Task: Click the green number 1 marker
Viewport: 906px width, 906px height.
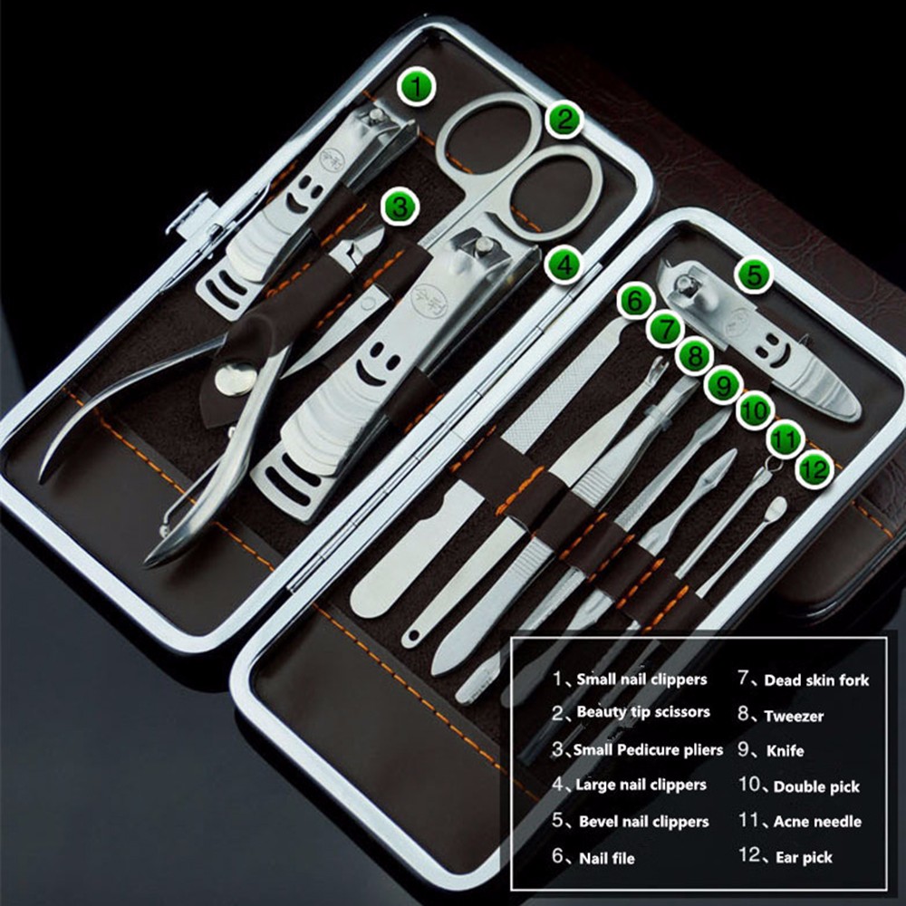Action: pos(416,87)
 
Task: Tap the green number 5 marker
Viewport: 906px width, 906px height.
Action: pos(754,275)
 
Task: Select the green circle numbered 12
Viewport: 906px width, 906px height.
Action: pos(814,469)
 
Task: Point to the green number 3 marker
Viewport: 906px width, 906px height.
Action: pos(400,207)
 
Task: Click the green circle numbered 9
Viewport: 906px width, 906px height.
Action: pos(723,385)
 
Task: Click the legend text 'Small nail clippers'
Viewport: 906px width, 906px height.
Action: pos(641,679)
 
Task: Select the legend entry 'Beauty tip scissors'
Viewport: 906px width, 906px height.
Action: pos(643,712)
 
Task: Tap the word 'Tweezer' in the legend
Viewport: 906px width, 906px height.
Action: pos(794,717)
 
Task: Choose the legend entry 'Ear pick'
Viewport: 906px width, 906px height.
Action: pos(803,857)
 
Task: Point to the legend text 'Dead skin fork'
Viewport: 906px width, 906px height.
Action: pos(816,680)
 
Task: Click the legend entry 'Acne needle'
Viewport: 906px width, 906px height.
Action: pos(817,822)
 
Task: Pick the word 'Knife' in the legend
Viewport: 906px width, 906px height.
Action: pos(785,750)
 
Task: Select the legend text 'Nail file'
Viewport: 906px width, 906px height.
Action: pos(607,858)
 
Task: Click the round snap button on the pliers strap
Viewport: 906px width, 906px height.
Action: pos(236,379)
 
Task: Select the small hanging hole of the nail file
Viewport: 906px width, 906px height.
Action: pos(412,637)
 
